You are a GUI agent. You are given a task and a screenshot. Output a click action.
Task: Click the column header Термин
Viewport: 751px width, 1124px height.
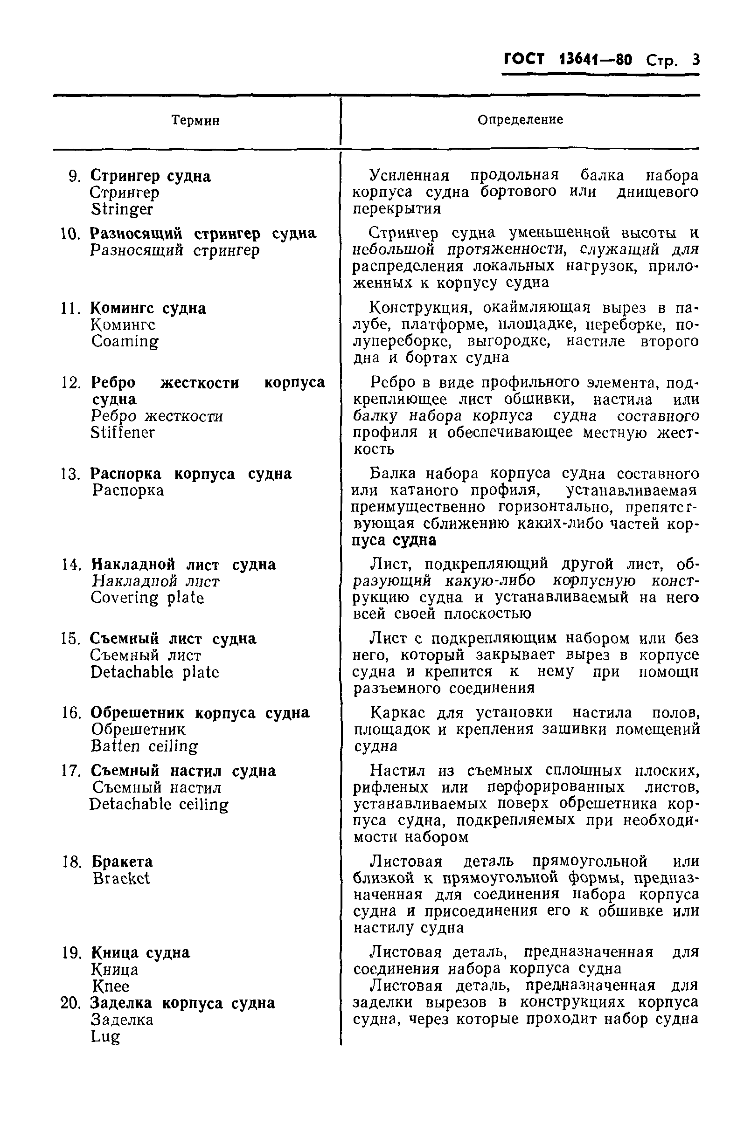point(195,120)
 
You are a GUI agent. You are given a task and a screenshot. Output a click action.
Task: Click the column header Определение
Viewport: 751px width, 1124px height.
point(520,120)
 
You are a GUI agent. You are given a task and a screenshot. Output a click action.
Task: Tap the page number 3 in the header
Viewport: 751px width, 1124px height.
point(695,60)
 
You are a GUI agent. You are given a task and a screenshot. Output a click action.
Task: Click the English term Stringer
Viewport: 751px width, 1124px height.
point(122,209)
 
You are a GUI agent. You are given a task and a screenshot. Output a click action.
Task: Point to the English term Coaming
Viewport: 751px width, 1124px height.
point(125,342)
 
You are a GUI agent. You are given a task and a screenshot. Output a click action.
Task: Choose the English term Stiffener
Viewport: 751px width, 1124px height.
point(123,433)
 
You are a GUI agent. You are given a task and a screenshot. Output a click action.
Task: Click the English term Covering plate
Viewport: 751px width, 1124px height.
point(147,598)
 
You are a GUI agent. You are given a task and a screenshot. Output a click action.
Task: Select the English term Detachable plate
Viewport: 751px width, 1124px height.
point(155,672)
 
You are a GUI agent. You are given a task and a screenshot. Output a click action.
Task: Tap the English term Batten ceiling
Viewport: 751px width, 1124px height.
point(144,746)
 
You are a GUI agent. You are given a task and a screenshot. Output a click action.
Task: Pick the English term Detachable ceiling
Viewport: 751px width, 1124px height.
point(159,804)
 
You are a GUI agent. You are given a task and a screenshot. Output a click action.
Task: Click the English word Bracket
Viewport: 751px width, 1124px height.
point(121,878)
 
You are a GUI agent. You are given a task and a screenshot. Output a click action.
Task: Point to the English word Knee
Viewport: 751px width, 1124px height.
point(111,986)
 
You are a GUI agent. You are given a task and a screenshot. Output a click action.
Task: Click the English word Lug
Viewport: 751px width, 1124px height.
point(105,1037)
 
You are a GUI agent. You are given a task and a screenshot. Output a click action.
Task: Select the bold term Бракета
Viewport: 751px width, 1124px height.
point(122,862)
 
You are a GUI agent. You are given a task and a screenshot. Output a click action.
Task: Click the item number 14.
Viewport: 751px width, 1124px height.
point(71,565)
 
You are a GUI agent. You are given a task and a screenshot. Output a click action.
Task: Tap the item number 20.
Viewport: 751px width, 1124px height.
point(71,1003)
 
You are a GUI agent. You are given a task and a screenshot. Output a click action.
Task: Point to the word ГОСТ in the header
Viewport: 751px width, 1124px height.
point(524,60)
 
